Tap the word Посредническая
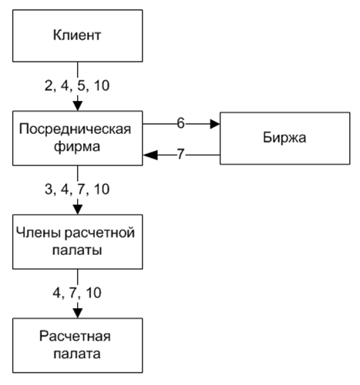pos(75,129)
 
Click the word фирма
pos(77,147)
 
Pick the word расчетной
pos(99,233)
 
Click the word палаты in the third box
pos(77,250)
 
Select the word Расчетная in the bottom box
pos(75,336)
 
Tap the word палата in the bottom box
pos(77,353)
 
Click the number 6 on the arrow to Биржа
pos(180,123)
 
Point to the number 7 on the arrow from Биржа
pos(180,154)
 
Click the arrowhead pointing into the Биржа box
pos(215,124)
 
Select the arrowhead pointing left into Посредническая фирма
pos(150,155)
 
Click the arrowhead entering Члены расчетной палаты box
pos(78,209)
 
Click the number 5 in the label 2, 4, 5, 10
pos(81,85)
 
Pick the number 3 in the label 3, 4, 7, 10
pos(49,189)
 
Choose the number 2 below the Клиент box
pos(49,85)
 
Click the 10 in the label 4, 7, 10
pos(93,293)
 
